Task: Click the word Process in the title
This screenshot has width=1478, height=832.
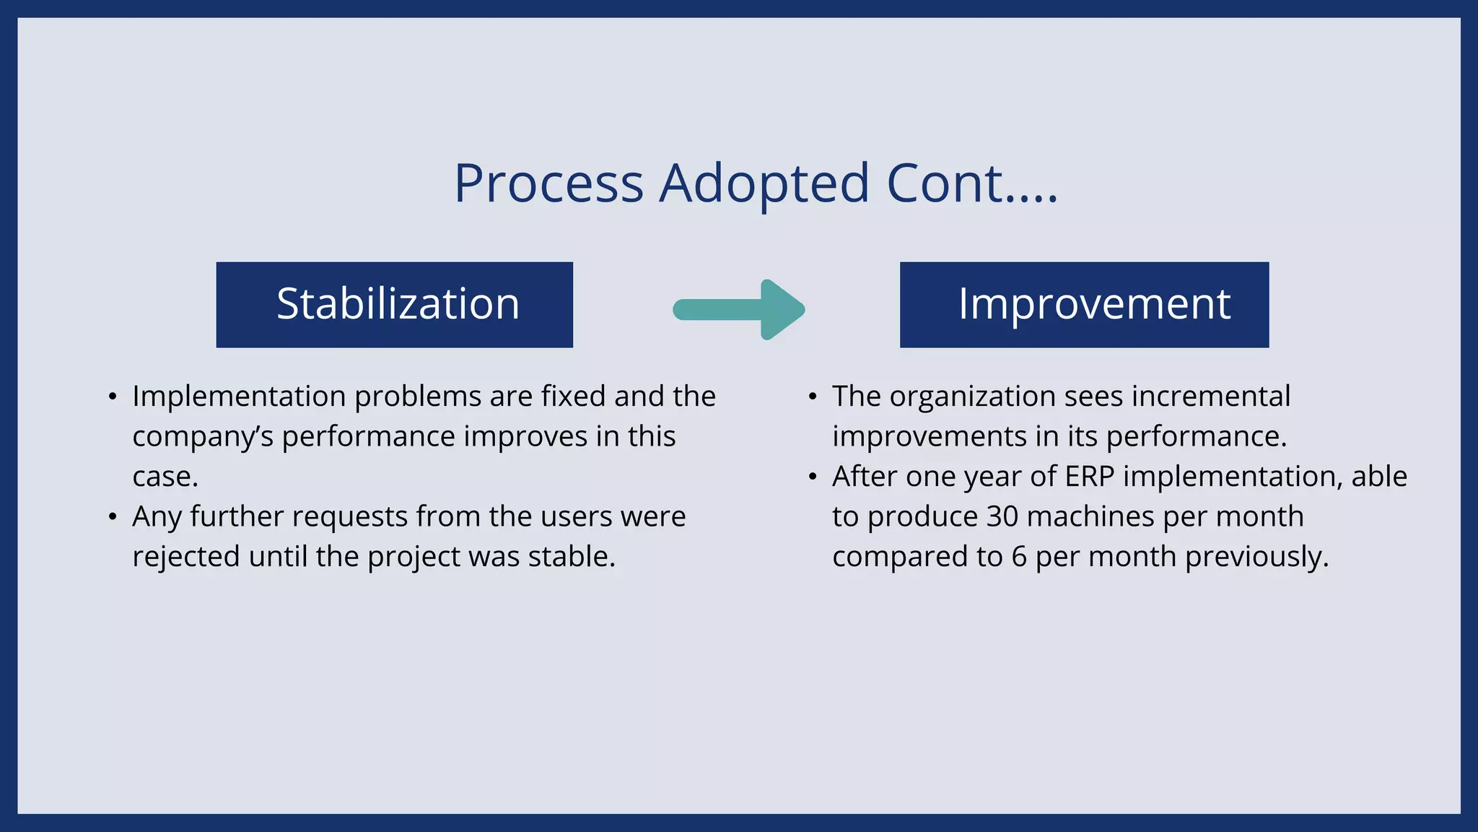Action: point(548,183)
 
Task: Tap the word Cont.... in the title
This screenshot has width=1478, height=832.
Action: point(971,183)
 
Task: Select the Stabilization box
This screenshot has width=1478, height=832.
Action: point(394,304)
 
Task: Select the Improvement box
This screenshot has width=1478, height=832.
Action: point(1084,304)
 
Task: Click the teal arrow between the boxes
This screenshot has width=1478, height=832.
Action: point(739,309)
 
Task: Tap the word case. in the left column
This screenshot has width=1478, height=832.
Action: point(165,477)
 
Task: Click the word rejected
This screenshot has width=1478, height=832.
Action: point(185,557)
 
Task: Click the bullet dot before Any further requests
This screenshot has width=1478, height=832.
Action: point(112,517)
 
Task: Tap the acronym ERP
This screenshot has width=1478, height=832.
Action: point(1089,477)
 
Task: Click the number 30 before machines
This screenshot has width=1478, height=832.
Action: point(1002,517)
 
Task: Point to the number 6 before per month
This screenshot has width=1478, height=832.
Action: point(1018,557)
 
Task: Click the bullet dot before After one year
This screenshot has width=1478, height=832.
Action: point(813,477)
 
